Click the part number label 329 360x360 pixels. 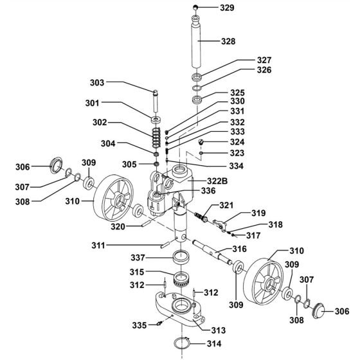(x=227, y=8)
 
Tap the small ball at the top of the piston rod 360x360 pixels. (x=195, y=7)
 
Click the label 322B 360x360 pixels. (x=217, y=181)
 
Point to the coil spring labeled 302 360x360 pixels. (x=156, y=138)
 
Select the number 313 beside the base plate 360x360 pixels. (x=219, y=330)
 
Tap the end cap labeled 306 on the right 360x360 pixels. (x=318, y=310)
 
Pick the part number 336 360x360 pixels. (x=208, y=190)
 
